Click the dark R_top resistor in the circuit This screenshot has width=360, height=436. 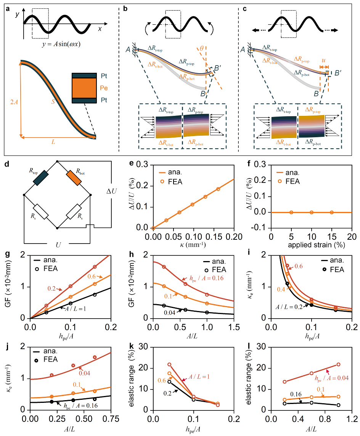pos(41,178)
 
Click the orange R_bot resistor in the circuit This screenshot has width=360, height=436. pos(73,178)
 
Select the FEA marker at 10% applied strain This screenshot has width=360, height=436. pos(312,212)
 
